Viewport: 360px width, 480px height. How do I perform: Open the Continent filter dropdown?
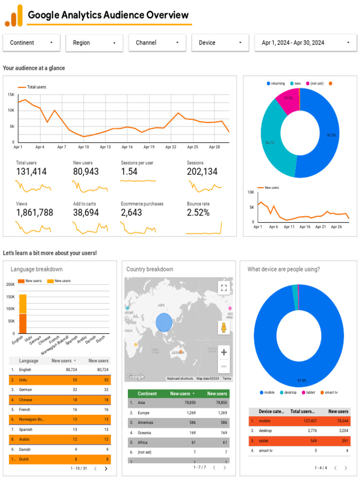31,43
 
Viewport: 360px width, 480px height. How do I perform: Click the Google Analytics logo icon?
14,15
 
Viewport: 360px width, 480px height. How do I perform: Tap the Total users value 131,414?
31,172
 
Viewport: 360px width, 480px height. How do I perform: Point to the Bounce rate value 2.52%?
198,213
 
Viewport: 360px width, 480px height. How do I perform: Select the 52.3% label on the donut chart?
331,135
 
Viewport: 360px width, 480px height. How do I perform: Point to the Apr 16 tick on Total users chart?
127,147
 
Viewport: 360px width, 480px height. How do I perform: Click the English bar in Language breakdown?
22,313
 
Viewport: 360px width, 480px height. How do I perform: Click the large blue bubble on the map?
164,322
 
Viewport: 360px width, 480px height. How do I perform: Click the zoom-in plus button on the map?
224,352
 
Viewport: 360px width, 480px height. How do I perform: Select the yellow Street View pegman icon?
224,328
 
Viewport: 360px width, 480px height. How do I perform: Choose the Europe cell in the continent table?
143,413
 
